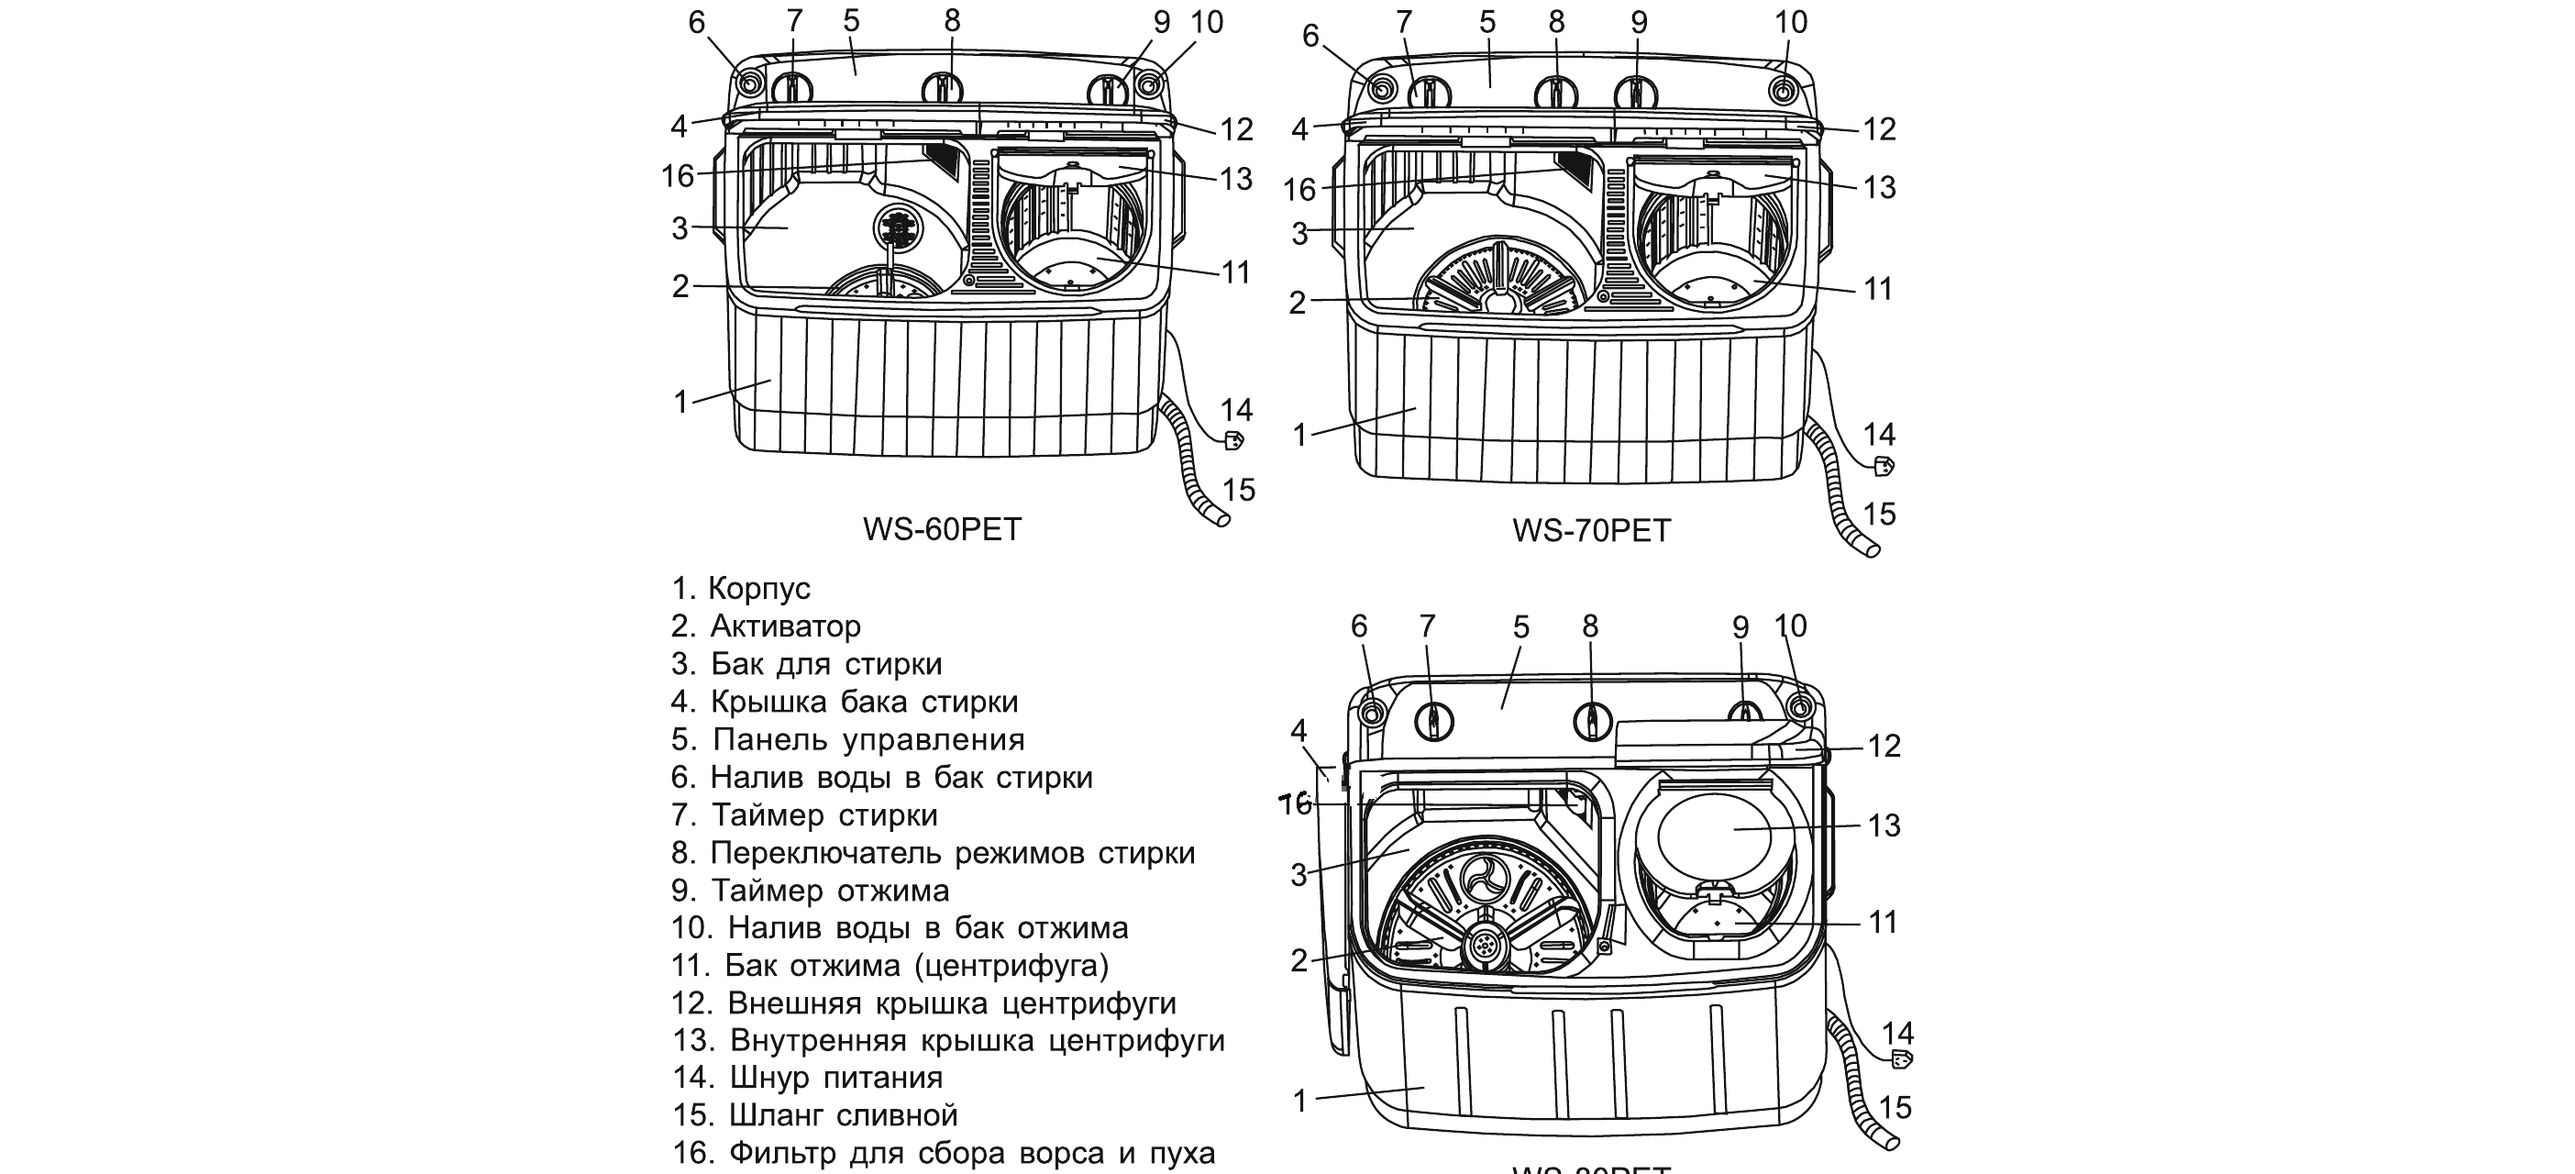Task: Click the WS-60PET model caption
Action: [x=942, y=529]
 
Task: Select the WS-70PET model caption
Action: [x=1591, y=530]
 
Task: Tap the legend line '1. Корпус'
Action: [x=741, y=588]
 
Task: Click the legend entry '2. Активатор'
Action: [x=766, y=626]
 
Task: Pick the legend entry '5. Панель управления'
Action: [x=848, y=739]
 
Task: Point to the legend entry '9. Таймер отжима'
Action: [x=811, y=890]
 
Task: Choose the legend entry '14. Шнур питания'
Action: [x=808, y=1077]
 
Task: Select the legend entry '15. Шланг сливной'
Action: [x=814, y=1115]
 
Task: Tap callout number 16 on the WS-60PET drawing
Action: [x=678, y=176]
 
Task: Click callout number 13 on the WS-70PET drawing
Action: [x=1879, y=187]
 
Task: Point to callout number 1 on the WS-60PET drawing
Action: [x=680, y=402]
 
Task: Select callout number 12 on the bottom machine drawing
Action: [x=1884, y=746]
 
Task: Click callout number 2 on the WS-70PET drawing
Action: [x=1298, y=302]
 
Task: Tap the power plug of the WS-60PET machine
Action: [x=1233, y=440]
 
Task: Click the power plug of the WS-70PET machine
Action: [x=1883, y=466]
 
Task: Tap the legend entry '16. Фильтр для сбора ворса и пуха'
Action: [x=944, y=1153]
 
